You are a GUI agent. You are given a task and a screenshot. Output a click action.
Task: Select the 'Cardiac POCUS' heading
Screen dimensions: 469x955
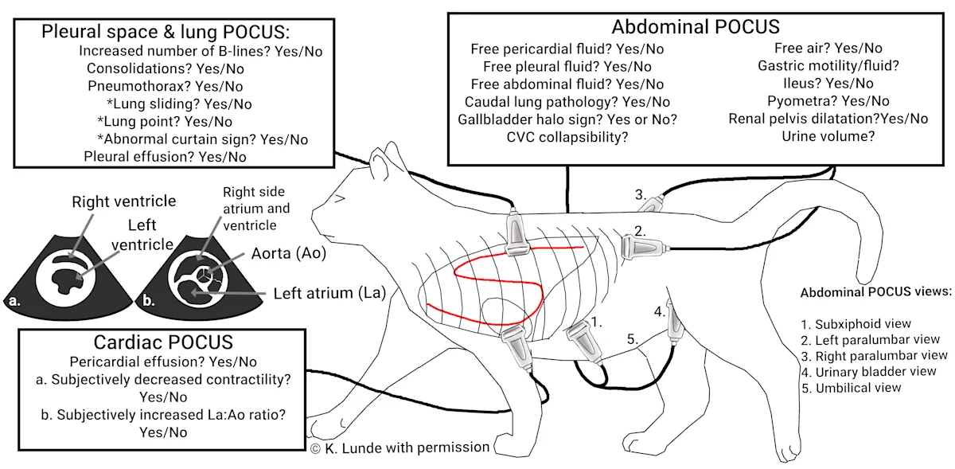pos(163,343)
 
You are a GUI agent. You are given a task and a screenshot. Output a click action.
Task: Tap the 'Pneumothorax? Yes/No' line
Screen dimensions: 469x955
pos(166,86)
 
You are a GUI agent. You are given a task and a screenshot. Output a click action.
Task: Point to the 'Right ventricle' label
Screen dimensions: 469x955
pos(123,201)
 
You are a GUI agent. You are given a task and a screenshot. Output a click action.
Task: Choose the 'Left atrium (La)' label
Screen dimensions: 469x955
pos(329,293)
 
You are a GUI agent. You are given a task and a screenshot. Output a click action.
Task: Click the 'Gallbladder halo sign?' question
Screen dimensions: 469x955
pos(567,119)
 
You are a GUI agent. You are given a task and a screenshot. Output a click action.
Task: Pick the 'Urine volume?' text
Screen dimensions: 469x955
pos(828,137)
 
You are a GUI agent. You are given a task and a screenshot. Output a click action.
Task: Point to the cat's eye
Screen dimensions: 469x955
pos(340,199)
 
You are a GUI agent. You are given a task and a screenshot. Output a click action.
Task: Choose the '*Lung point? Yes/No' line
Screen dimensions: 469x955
pos(165,121)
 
